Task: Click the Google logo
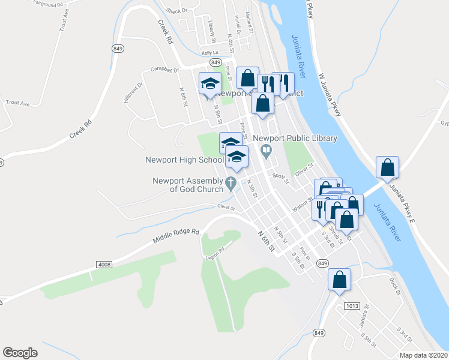click(20, 353)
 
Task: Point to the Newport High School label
click(184, 160)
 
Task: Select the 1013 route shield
click(352, 306)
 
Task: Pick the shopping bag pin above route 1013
click(339, 280)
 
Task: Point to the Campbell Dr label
click(165, 70)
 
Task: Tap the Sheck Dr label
click(177, 10)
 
